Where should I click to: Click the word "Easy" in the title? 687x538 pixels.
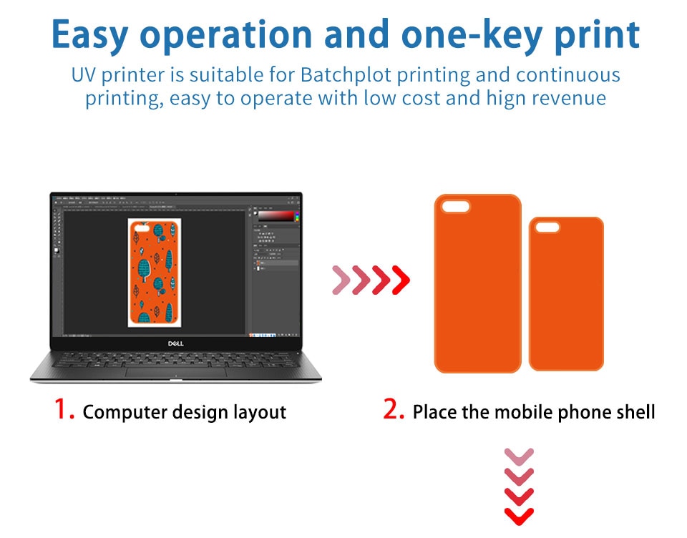(x=90, y=35)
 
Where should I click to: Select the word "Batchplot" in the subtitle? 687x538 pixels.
(x=346, y=75)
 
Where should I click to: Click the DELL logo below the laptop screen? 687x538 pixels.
(x=176, y=343)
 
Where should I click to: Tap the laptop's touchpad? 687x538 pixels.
(x=176, y=373)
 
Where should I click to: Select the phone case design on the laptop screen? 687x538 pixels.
(x=155, y=273)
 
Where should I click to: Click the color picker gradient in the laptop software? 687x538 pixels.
(x=276, y=216)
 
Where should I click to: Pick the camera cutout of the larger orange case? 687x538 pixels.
(x=455, y=206)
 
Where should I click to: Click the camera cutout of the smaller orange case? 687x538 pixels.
(x=547, y=228)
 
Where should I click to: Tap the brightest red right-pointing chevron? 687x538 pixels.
(x=401, y=280)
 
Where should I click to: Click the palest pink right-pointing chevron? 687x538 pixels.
(x=341, y=280)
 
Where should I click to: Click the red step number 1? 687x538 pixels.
(x=64, y=410)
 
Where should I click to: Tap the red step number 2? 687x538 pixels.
(x=393, y=410)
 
